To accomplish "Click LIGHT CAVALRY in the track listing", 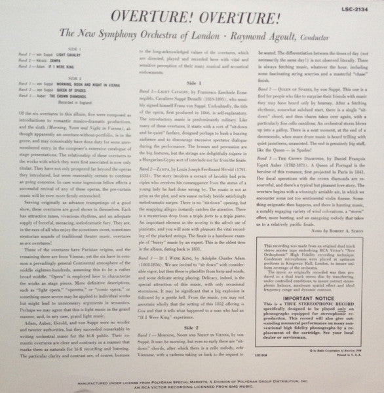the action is click(x=65, y=57).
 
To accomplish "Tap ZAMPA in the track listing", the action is click(x=60, y=62).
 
